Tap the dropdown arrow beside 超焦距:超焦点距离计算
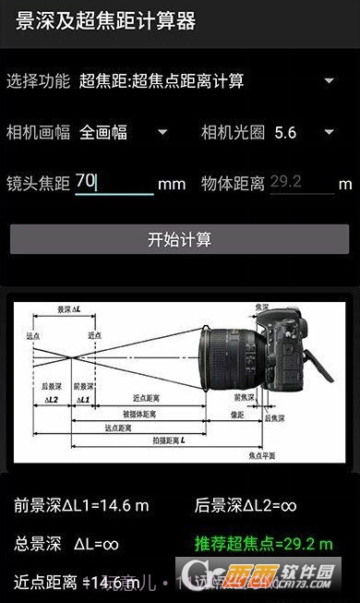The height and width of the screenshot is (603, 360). (329, 81)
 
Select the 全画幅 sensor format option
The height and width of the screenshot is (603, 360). (103, 132)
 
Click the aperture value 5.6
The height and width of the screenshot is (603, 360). (285, 132)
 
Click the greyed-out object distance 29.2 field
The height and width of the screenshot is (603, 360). (301, 182)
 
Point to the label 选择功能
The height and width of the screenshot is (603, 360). (38, 81)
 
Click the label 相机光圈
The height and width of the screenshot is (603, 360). (233, 132)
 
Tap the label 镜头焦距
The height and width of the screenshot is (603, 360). (38, 183)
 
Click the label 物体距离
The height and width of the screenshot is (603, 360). (233, 183)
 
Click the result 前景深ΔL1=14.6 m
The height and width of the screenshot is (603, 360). (80, 505)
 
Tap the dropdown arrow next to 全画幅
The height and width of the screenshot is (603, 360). (162, 132)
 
